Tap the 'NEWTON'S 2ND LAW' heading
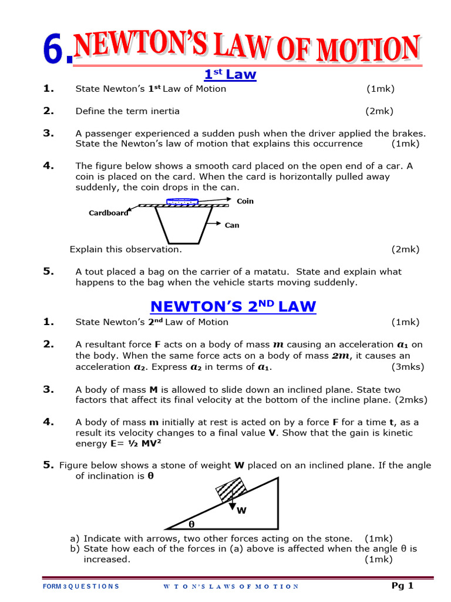pyautogui.click(x=233, y=306)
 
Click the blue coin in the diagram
pyautogui.click(x=183, y=201)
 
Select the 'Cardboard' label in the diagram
pyautogui.click(x=108, y=213)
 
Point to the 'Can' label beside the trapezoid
pyautogui.click(x=232, y=225)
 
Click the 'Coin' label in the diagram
pyautogui.click(x=245, y=201)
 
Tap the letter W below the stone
pyautogui.click(x=241, y=511)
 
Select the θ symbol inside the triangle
pyautogui.click(x=191, y=523)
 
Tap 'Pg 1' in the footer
pyautogui.click(x=403, y=586)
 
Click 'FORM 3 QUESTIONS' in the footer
pyautogui.click(x=81, y=586)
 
